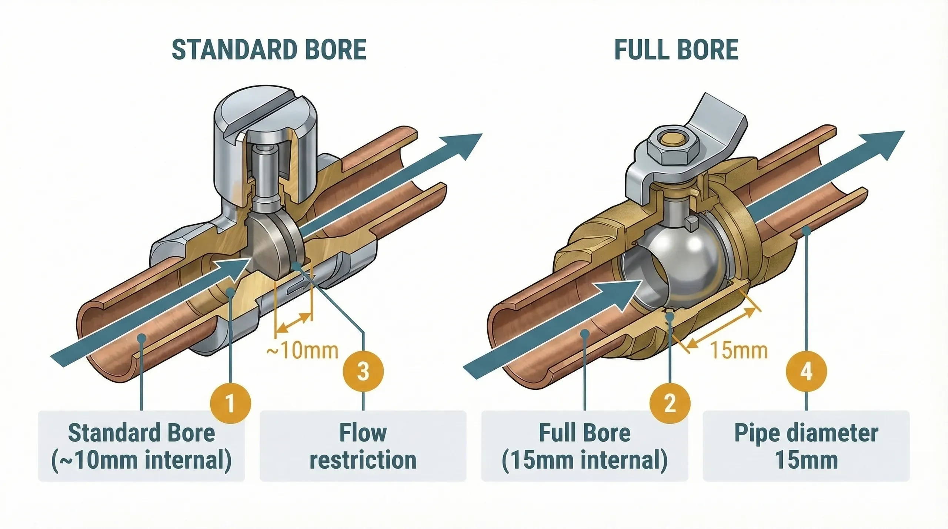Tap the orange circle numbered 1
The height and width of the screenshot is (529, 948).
[x=230, y=403]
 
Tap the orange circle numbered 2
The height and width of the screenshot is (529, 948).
[x=670, y=403]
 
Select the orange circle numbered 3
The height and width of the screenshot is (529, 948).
[x=363, y=372]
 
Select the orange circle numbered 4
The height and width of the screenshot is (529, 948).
[x=807, y=372]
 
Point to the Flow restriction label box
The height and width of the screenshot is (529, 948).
[x=363, y=446]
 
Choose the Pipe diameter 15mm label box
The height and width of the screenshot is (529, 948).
[x=807, y=446]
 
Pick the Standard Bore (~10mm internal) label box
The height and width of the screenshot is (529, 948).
[x=141, y=446]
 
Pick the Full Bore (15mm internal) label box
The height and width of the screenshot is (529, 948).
[x=584, y=446]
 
